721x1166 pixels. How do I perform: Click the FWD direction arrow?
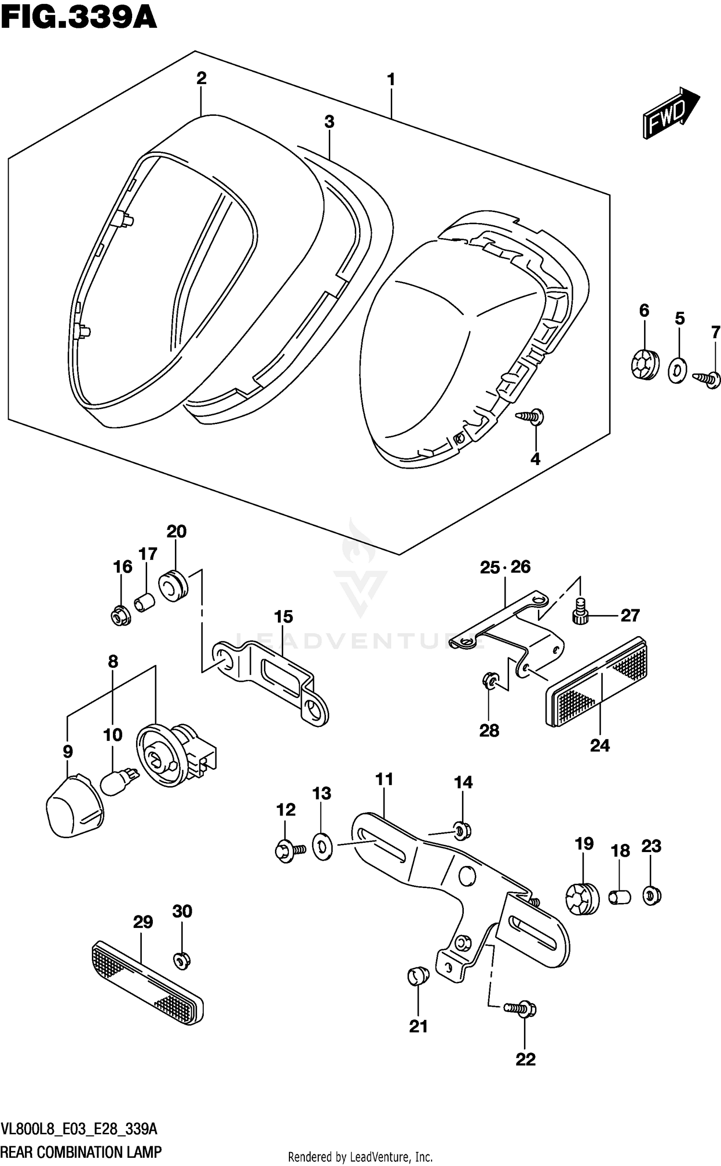point(670,113)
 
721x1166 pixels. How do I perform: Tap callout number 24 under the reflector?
point(599,746)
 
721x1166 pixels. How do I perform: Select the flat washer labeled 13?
point(322,847)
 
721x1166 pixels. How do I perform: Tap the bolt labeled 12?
point(288,851)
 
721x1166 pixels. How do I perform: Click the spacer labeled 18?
point(620,897)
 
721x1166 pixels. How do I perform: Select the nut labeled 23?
point(651,896)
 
